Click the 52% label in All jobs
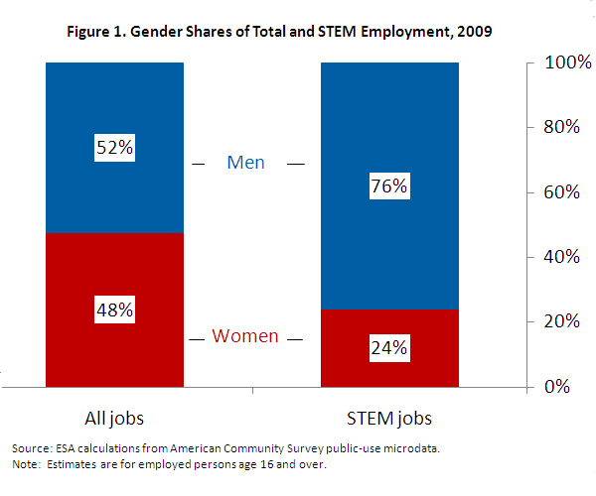point(114,149)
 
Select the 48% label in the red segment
point(114,310)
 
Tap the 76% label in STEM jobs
point(389,186)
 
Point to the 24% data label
point(389,348)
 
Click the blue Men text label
point(246,162)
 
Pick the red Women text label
point(246,336)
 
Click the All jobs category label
point(114,414)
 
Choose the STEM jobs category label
point(389,414)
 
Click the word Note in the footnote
point(27,464)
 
